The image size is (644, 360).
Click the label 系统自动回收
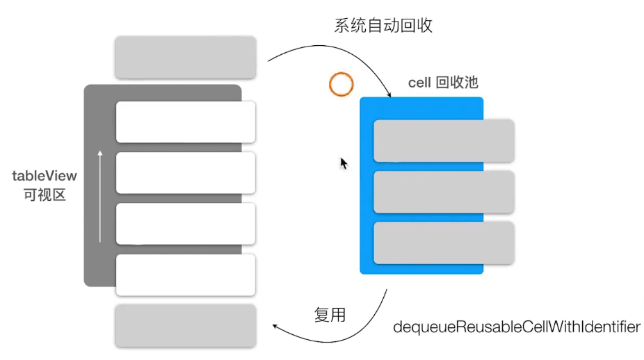click(x=383, y=26)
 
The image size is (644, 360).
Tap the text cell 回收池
click(x=442, y=83)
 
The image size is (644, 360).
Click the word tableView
click(x=45, y=176)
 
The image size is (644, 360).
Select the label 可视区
click(x=45, y=195)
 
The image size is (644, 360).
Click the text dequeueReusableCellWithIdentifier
click(x=517, y=327)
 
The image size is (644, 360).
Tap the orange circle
click(x=341, y=85)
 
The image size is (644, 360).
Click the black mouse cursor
click(x=344, y=163)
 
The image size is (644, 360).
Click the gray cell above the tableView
click(x=186, y=57)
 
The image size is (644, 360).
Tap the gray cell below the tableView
click(x=186, y=325)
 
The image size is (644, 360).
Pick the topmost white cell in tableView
click(x=186, y=122)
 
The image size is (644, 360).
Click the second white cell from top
click(x=186, y=172)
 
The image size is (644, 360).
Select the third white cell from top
click(x=186, y=223)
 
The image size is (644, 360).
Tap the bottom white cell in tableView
click(x=186, y=275)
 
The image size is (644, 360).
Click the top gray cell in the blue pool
click(x=444, y=140)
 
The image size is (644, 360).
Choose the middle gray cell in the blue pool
click(x=444, y=192)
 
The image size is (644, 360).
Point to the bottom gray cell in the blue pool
click(x=444, y=243)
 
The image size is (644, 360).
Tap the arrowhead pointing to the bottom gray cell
click(x=276, y=326)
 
